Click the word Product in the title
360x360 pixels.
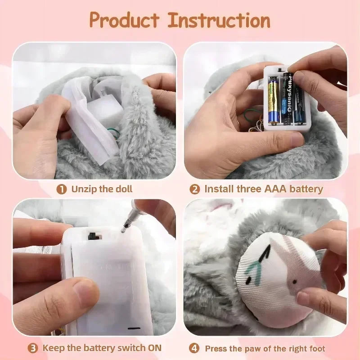tap(124, 20)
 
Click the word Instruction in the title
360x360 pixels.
tap(219, 20)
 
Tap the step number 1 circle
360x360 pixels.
tap(61, 189)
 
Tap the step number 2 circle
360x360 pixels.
tap(194, 189)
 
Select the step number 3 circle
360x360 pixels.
tap(33, 348)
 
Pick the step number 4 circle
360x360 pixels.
tap(194, 348)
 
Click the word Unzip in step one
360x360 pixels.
tap(84, 189)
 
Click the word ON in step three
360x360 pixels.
tap(153, 348)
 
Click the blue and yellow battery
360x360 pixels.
tap(274, 100)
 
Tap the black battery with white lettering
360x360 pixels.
tap(288, 97)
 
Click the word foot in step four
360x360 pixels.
tap(316, 348)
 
